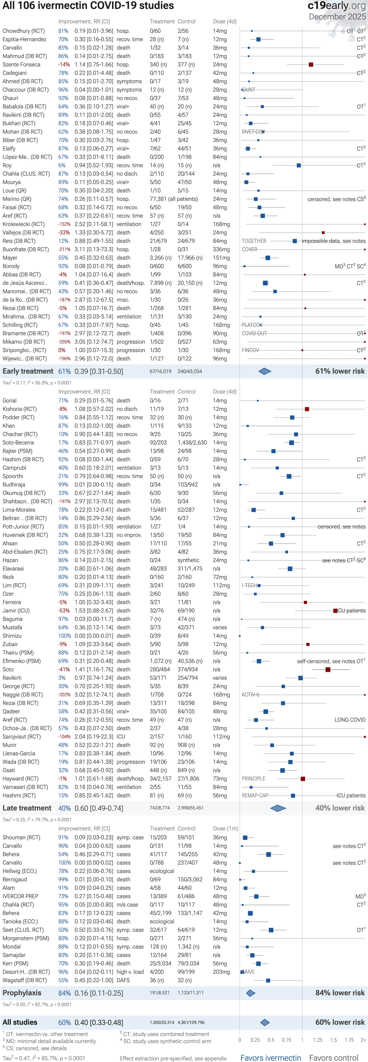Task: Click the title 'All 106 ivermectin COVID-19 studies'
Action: click(88, 6)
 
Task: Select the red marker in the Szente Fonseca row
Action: click(311, 65)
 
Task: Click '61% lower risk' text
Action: click(340, 371)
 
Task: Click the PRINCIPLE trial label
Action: click(253, 779)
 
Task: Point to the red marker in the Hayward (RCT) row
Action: click(303, 779)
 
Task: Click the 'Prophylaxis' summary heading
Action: click(22, 993)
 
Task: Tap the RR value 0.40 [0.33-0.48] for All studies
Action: click(99, 1022)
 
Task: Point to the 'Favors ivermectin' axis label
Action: click(271, 1058)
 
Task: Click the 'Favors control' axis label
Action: click(333, 1058)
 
